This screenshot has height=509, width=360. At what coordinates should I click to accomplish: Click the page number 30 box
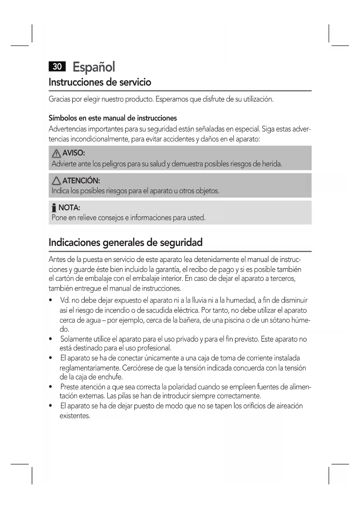(x=57, y=66)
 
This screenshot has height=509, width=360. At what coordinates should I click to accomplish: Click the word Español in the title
(x=94, y=67)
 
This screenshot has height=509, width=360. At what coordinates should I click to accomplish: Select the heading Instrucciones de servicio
(x=100, y=82)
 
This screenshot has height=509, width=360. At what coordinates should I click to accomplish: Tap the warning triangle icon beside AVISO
(x=56, y=154)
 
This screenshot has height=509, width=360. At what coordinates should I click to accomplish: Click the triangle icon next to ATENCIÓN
(x=56, y=181)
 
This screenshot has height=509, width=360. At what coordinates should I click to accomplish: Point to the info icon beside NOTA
(x=54, y=208)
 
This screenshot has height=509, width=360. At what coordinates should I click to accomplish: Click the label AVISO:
(x=73, y=153)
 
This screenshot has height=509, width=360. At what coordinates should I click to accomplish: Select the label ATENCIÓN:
(x=81, y=181)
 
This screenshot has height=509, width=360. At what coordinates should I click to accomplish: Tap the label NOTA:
(x=69, y=207)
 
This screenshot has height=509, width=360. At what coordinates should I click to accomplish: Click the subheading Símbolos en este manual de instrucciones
(x=113, y=118)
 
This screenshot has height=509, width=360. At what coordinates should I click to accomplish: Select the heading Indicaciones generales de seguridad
(x=125, y=242)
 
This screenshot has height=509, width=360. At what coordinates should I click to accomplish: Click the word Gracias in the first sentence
(x=59, y=99)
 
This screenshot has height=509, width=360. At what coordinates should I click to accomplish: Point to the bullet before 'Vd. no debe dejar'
(x=51, y=300)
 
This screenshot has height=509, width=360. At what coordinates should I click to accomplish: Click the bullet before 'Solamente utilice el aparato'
(x=51, y=339)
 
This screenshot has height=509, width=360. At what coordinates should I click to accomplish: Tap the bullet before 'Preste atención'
(x=51, y=387)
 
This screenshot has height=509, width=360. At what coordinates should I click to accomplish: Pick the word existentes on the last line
(x=75, y=416)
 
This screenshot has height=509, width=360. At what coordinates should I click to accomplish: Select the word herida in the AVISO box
(x=272, y=164)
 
